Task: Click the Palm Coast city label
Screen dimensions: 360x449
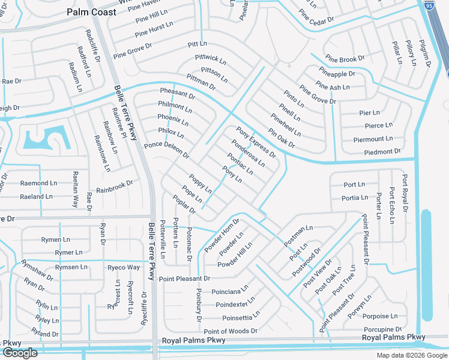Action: [92, 11]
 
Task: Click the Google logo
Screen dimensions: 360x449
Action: [20, 353]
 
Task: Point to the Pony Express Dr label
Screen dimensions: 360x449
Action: [256, 142]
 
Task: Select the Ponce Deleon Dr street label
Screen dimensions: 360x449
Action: [167, 150]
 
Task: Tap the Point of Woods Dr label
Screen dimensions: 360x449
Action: [230, 331]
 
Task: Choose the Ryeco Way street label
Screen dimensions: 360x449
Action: [124, 268]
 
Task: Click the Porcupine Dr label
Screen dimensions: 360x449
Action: [382, 329]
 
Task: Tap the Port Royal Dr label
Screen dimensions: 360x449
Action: [405, 194]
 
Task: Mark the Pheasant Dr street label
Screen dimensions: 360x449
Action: [177, 93]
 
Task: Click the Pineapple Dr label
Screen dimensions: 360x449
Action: [337, 74]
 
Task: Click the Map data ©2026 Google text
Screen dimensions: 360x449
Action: [412, 355]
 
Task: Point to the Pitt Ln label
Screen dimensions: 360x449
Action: [197, 44]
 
